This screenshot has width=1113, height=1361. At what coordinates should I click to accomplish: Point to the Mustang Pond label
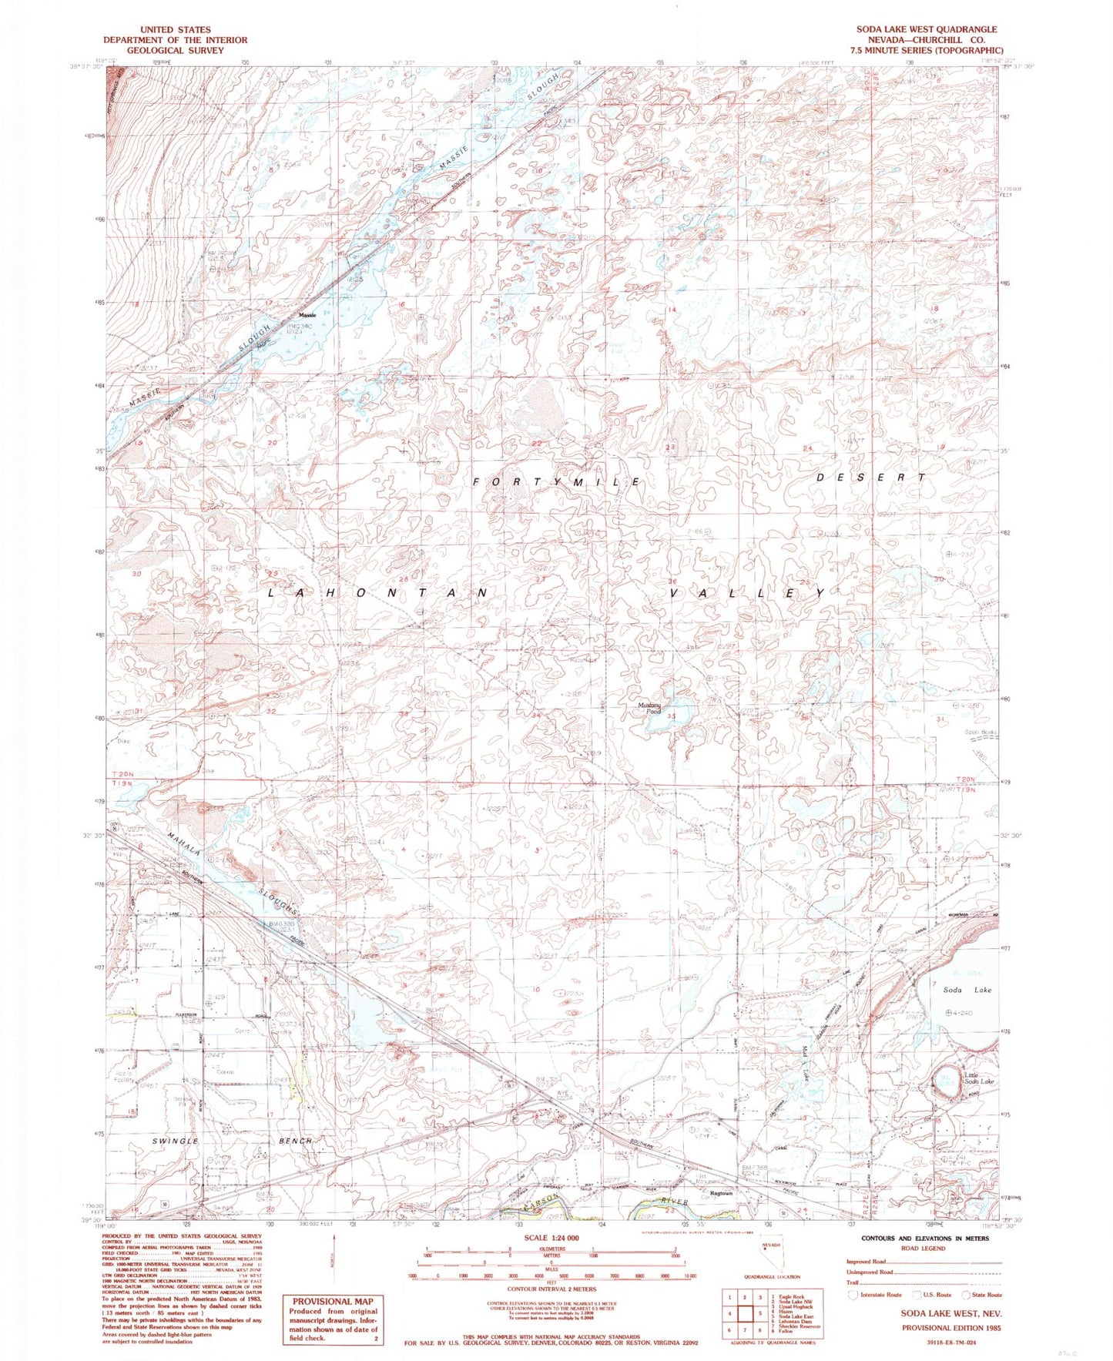click(x=649, y=707)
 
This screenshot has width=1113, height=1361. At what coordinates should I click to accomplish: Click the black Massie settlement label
click(x=307, y=316)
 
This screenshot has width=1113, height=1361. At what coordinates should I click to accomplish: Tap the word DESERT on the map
click(x=870, y=478)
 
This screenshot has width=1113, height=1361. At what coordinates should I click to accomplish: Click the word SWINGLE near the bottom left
click(x=176, y=1141)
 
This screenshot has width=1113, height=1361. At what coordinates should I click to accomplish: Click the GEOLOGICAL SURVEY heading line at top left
click(x=176, y=50)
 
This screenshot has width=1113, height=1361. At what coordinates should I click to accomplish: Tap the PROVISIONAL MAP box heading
click(x=333, y=1301)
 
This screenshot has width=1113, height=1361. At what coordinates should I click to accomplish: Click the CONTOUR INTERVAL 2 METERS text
click(x=551, y=1288)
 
